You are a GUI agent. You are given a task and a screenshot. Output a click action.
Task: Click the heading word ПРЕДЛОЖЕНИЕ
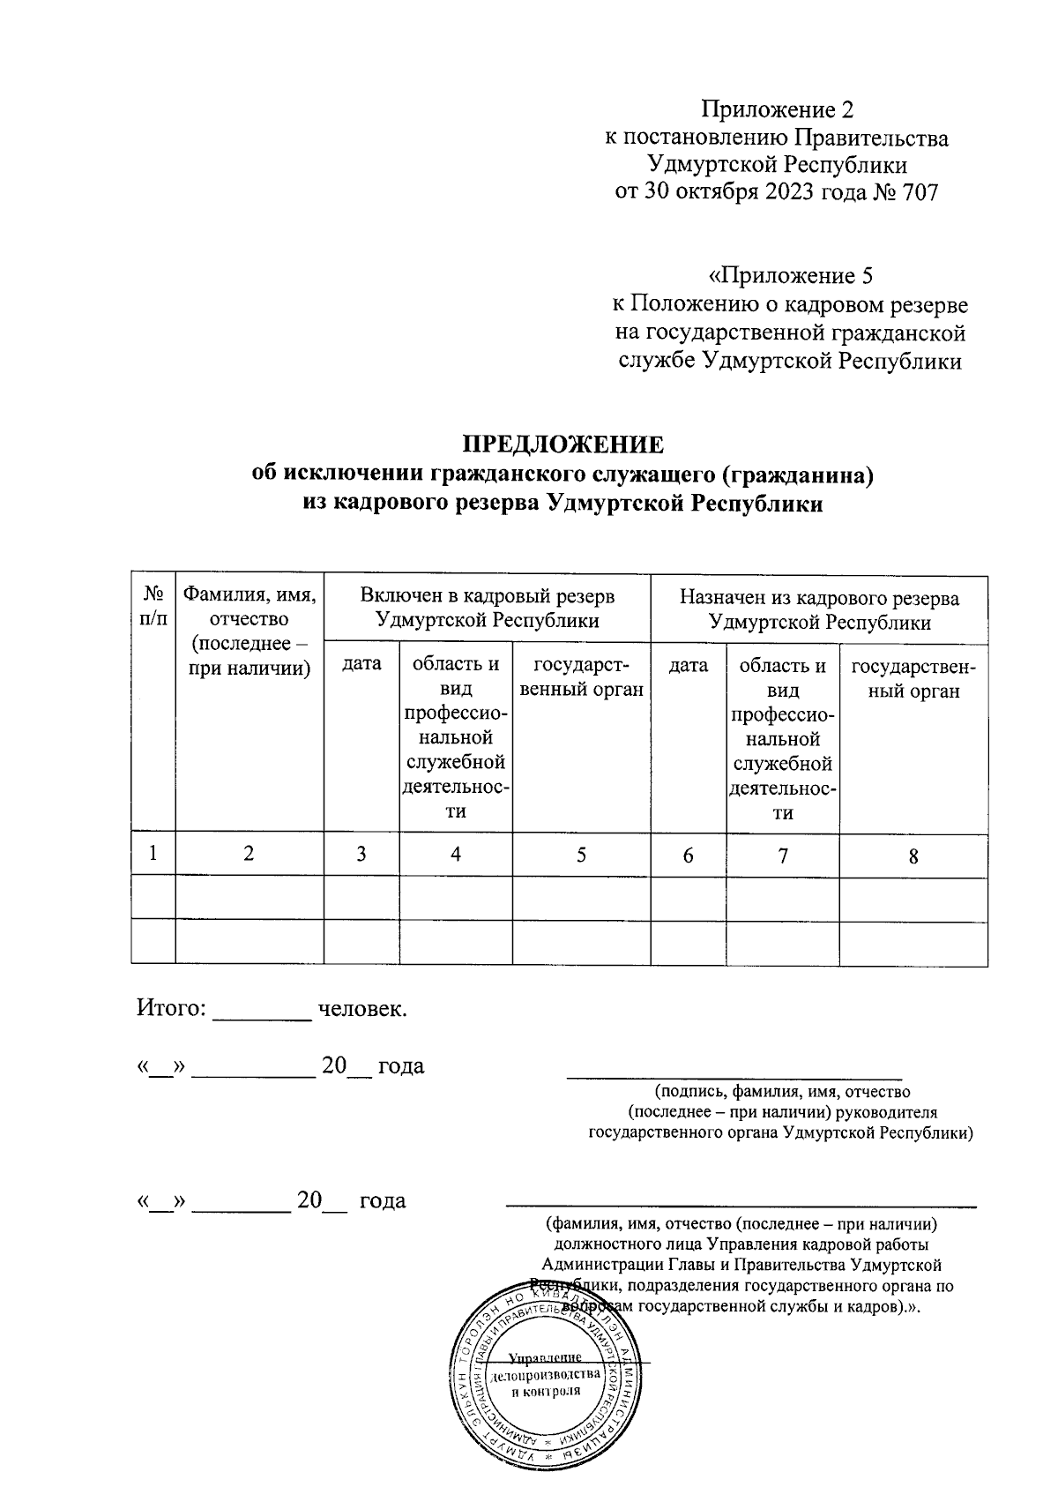(563, 443)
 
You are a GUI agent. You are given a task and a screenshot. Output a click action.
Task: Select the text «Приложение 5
(791, 276)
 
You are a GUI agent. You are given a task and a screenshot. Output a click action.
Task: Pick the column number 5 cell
(581, 855)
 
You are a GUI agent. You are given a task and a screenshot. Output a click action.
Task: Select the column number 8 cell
(913, 856)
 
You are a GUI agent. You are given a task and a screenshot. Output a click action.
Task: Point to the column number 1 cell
(153, 854)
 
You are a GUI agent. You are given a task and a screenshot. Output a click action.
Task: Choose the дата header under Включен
(361, 664)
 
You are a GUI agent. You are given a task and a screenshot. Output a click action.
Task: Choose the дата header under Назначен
(688, 665)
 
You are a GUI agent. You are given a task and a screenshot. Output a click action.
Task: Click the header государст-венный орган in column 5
(581, 676)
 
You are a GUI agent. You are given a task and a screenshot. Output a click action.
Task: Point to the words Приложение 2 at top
(778, 109)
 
